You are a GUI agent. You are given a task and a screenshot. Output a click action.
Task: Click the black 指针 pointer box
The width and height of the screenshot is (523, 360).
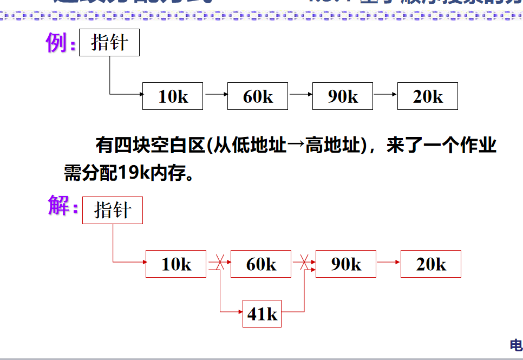pyautogui.click(x=109, y=43)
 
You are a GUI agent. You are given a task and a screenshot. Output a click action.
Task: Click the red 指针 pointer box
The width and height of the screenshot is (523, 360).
pyautogui.click(x=112, y=210)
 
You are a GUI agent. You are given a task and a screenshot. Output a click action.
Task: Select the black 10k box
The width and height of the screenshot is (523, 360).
pyautogui.click(x=173, y=96)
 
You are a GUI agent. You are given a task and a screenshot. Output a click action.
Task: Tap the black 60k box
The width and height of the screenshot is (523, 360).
pyautogui.click(x=258, y=96)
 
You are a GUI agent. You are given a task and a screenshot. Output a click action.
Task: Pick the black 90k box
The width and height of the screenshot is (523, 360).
pyautogui.click(x=343, y=96)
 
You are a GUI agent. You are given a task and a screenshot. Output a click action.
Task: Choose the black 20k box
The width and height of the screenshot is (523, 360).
pyautogui.click(x=428, y=96)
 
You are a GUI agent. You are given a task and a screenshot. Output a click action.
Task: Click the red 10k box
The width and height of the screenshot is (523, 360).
pyautogui.click(x=176, y=264)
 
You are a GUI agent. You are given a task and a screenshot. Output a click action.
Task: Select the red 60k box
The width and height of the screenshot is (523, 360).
pyautogui.click(x=261, y=264)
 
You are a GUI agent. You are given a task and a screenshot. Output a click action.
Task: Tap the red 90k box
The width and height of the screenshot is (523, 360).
pyautogui.click(x=346, y=264)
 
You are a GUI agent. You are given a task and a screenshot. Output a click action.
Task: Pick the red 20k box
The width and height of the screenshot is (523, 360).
pyautogui.click(x=431, y=264)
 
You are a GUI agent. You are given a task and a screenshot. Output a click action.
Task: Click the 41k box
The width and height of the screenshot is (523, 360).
pyautogui.click(x=262, y=313)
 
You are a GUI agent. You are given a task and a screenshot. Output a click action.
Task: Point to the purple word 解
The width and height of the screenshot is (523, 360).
pyautogui.click(x=58, y=206)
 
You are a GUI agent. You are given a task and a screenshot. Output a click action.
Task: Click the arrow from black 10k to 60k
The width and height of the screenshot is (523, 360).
pyautogui.click(x=215, y=94)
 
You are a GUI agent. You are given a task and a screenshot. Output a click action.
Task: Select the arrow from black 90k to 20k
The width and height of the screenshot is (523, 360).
pyautogui.click(x=385, y=94)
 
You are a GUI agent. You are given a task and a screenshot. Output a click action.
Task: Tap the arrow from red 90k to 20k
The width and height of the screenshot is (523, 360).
pyautogui.click(x=388, y=263)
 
